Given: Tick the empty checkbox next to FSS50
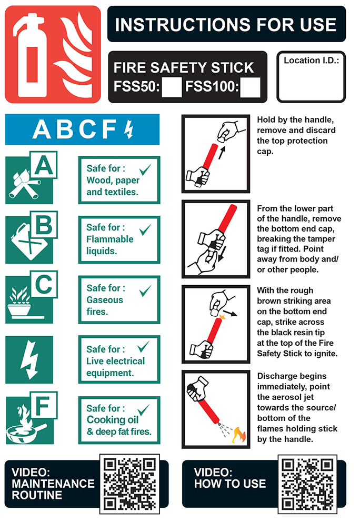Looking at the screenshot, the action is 172,87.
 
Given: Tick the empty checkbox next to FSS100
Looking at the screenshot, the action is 250,87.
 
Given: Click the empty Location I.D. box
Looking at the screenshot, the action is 311,77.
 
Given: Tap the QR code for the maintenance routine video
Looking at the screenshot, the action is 129,484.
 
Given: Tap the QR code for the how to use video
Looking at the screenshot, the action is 307,485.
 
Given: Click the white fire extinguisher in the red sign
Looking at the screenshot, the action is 31,55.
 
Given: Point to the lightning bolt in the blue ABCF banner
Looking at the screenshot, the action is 129,129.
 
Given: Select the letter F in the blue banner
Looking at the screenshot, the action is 109,129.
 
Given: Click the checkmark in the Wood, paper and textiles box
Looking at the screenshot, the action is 146,169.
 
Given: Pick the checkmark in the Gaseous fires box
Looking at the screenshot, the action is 146,290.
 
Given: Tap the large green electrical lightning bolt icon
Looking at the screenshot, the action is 29,359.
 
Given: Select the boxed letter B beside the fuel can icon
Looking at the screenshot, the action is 44,225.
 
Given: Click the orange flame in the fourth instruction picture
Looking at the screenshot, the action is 239,435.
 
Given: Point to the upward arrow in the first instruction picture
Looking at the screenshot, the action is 222,153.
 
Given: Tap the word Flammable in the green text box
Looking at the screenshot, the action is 109,239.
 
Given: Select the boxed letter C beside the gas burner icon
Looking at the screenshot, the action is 44,284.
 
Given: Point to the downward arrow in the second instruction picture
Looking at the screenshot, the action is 223,254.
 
